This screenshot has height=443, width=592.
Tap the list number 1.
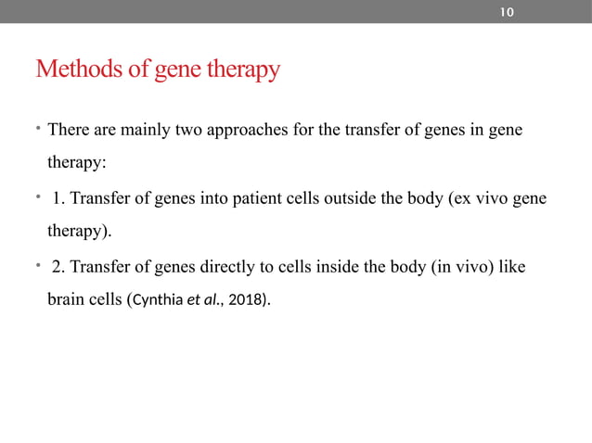[x=58, y=199]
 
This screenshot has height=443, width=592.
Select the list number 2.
[x=58, y=268]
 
